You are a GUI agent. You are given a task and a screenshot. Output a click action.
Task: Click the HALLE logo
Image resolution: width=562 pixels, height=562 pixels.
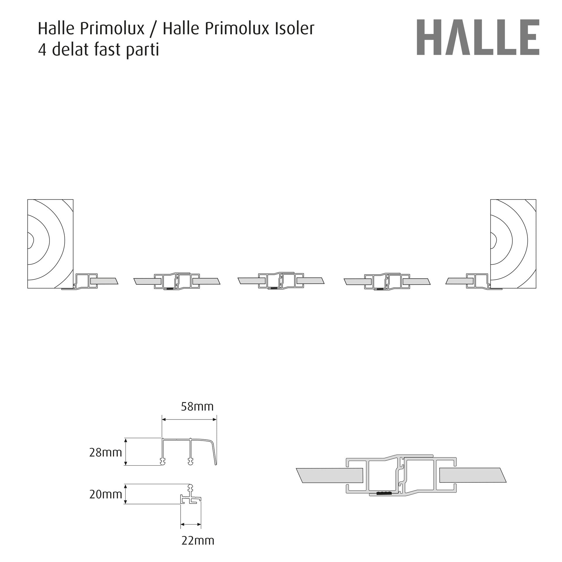click(x=478, y=37)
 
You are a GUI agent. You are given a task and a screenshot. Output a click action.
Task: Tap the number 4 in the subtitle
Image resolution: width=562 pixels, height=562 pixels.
click(x=42, y=50)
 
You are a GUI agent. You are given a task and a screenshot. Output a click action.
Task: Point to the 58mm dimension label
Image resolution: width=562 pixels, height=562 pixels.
click(x=197, y=407)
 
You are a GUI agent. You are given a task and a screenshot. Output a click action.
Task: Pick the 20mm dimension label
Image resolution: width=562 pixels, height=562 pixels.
click(x=105, y=494)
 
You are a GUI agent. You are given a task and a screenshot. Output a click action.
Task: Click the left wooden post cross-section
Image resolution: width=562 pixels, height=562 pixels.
click(x=50, y=244)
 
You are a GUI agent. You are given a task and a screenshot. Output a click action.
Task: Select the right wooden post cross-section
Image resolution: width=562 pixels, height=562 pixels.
click(x=513, y=244)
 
